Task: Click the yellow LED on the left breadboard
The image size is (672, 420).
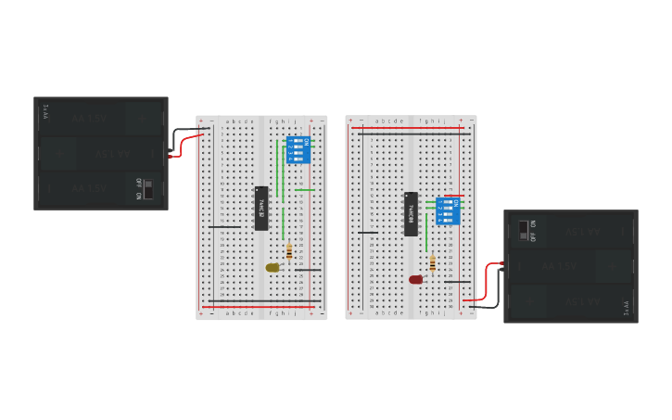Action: [x=272, y=267]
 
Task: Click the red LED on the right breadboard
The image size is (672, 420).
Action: [x=415, y=279]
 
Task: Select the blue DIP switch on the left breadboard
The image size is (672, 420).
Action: [x=298, y=149]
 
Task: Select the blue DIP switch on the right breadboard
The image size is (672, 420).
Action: [x=448, y=210]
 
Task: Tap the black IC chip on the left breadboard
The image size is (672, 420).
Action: [x=261, y=208]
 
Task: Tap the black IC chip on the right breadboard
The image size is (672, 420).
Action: [x=411, y=213]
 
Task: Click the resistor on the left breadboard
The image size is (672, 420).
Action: [x=289, y=251]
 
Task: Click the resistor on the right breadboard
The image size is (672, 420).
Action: [x=432, y=263]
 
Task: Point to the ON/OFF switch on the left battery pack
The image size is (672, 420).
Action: [x=147, y=189]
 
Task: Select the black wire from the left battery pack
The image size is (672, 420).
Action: [x=183, y=133]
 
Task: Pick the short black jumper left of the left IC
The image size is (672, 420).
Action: [x=223, y=226]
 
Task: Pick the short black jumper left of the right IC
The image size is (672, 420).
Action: [x=367, y=232]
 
